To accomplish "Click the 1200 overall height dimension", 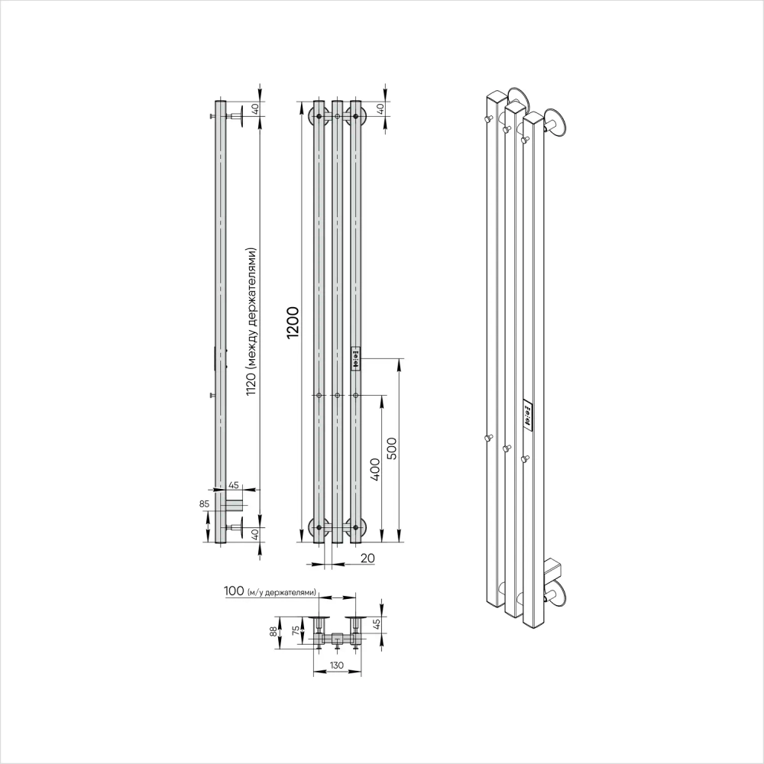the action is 293,322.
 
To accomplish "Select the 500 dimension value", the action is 392,448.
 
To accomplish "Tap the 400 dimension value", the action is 374,469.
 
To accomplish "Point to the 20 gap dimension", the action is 367,558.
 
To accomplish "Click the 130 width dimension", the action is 336,665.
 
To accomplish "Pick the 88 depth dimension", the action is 274,632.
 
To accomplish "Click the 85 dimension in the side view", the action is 204,503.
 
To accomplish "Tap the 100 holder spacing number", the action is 234,591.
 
